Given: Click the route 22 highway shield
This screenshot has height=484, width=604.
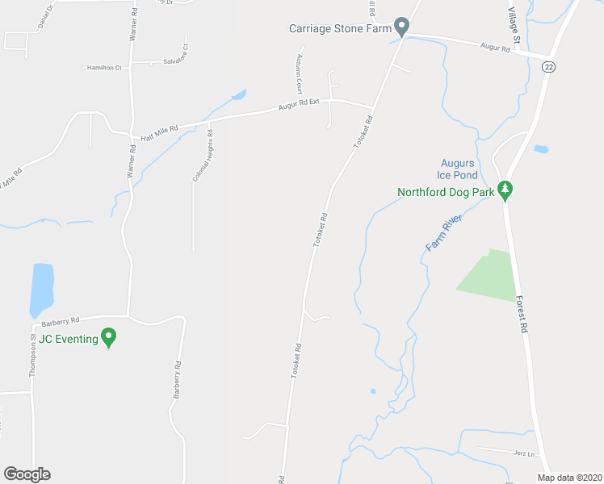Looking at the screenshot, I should (x=548, y=66).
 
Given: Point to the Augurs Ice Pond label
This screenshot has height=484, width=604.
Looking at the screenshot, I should (x=458, y=169).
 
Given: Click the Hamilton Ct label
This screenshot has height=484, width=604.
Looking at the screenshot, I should (x=103, y=68).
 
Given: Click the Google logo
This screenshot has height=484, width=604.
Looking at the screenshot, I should (x=27, y=474).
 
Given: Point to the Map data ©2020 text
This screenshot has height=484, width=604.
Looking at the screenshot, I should (x=568, y=477).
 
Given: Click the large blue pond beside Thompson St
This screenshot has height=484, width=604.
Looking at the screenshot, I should (x=41, y=289).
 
